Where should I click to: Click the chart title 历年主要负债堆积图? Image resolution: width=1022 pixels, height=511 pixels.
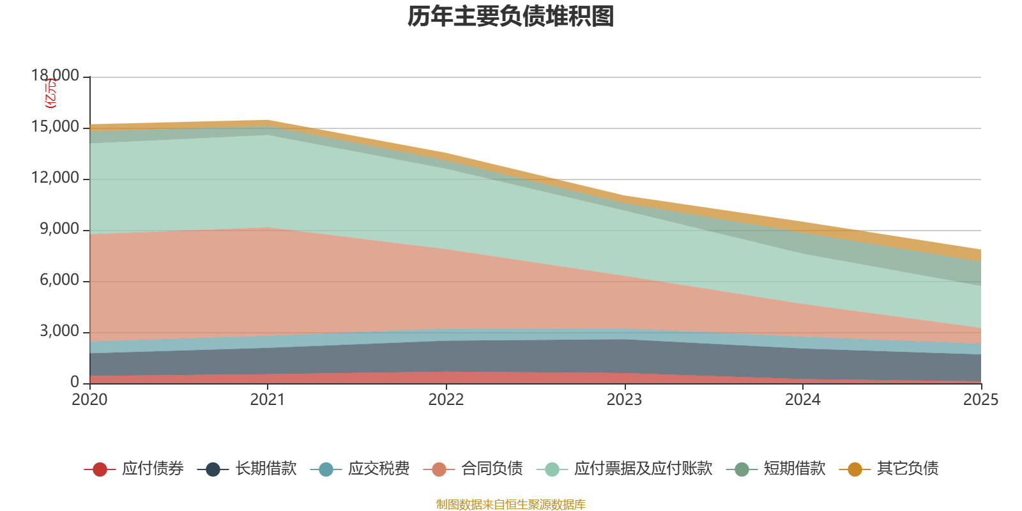pos(510,17)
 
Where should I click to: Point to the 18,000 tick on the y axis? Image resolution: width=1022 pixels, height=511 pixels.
pos(56,75)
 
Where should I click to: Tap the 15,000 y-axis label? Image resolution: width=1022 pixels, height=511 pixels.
pos(56,126)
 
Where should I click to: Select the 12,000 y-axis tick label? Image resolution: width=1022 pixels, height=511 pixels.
pos(56,178)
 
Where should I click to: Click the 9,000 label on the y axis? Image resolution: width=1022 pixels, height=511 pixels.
pos(59,229)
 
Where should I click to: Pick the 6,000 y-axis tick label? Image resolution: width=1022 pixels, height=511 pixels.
pos(59,280)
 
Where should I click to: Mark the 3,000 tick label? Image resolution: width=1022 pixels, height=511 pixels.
pos(59,331)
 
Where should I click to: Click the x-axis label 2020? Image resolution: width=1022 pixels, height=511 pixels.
pos(89,400)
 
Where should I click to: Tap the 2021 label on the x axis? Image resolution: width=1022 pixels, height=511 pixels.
pos(267,400)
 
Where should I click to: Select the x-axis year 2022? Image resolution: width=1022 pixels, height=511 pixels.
pos(446,400)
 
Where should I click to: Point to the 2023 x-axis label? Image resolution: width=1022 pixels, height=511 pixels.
pos(624,400)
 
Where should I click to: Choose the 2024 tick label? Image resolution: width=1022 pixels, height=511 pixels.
pos(802,400)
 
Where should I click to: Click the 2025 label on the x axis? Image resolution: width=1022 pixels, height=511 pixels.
pos(980,400)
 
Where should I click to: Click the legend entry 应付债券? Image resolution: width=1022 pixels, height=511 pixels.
pos(134,469)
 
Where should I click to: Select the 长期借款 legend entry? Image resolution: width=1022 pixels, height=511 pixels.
pos(247,469)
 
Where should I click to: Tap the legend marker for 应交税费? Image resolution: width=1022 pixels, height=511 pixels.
pos(326,469)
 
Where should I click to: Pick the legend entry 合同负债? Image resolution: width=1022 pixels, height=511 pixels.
pos(473,469)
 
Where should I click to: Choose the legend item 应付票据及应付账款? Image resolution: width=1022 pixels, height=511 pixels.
pos(625,469)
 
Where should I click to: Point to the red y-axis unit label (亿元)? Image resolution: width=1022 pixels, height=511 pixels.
pos(50,93)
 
